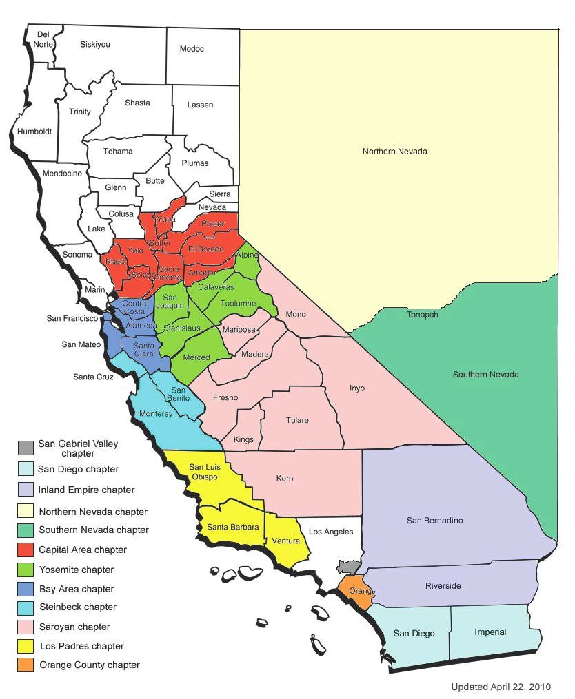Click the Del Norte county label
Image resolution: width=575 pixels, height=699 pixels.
click(43, 39)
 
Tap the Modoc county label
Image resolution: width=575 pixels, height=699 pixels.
click(192, 49)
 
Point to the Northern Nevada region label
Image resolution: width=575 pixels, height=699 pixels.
click(394, 151)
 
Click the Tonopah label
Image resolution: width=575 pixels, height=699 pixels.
click(423, 314)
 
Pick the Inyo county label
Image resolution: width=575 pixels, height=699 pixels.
click(356, 388)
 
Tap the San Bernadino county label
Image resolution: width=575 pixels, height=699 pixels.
click(434, 521)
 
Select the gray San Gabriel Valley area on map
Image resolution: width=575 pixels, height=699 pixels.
click(349, 567)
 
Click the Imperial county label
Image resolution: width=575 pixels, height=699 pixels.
click(490, 632)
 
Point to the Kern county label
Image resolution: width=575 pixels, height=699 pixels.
click(285, 478)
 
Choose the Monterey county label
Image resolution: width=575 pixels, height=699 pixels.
click(156, 414)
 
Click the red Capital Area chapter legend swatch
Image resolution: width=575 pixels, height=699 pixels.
click(26, 550)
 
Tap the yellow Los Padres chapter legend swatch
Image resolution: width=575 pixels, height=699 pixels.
click(26, 646)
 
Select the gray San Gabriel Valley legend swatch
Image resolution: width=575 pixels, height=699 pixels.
click(26, 448)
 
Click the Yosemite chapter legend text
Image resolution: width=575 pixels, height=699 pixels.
click(76, 570)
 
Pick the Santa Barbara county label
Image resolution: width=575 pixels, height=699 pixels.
click(233, 527)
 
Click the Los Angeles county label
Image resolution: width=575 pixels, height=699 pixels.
click(330, 531)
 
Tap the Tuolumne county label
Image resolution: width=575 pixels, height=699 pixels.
click(239, 303)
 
